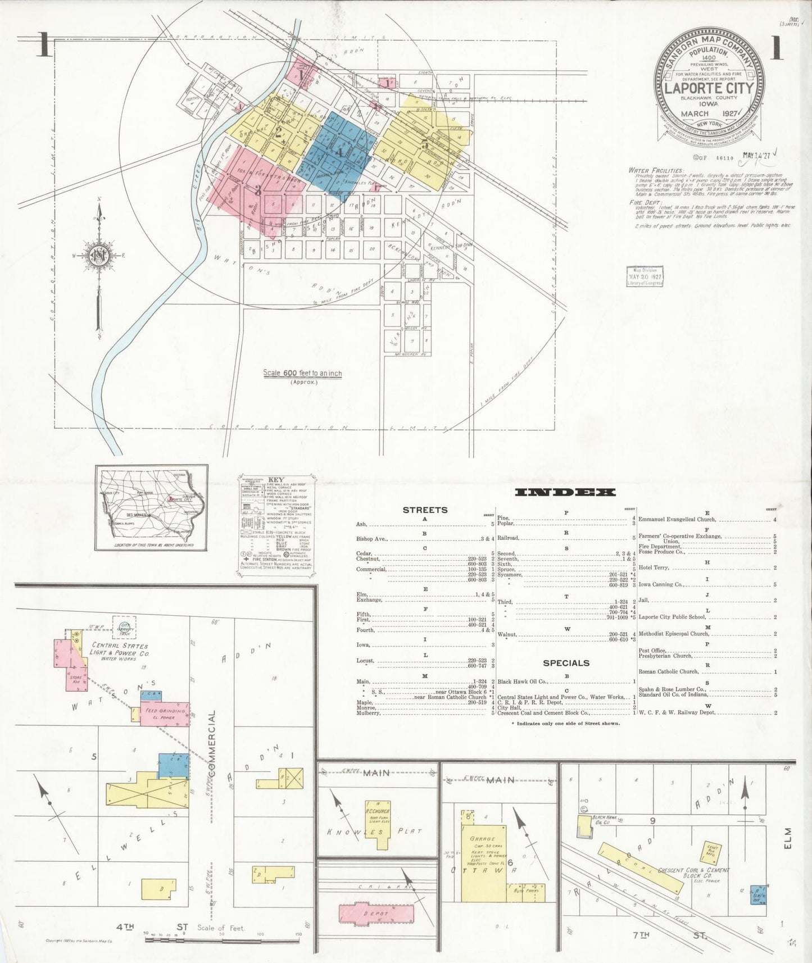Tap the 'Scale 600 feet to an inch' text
[x=302, y=373]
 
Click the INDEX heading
[x=565, y=493]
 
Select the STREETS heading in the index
[x=425, y=510]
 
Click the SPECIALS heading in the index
[x=566, y=663]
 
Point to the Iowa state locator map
[x=151, y=507]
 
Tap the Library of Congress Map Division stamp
[x=645, y=276]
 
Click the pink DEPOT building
[x=373, y=913]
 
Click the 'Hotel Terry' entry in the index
[x=652, y=568]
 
